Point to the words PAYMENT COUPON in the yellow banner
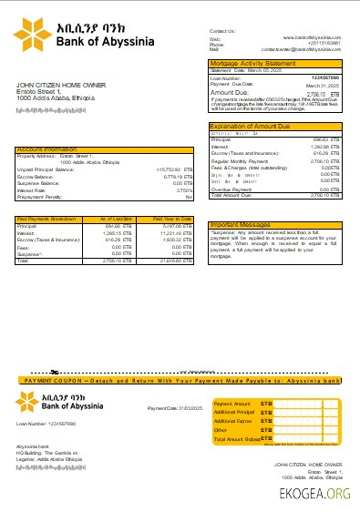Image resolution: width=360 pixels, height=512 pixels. tap(54, 379)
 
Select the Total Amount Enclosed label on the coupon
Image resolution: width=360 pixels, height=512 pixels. tap(237, 439)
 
